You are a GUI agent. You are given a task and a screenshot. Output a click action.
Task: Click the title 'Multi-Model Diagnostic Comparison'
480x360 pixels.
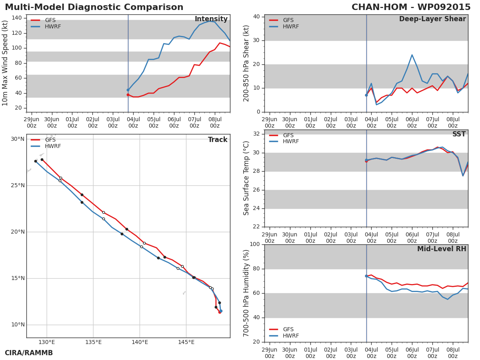pos(94,7)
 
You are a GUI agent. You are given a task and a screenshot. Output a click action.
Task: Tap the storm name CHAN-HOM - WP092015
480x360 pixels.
pos(411,7)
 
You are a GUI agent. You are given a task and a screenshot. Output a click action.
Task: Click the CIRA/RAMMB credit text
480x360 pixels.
pos(29,353)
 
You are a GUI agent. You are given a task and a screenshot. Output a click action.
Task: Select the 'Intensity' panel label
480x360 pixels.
pos(211,19)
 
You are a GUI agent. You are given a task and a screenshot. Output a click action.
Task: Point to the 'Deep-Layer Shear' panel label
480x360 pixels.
pos(432,19)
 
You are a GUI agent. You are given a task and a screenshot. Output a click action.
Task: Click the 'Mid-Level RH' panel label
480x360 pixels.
pos(442,249)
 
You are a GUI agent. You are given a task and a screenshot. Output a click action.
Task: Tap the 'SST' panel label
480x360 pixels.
pos(459,134)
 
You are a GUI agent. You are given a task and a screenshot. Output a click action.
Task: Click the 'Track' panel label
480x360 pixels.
pos(218,140)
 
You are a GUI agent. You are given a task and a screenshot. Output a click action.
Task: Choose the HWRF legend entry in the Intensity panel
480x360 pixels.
pos(46,26)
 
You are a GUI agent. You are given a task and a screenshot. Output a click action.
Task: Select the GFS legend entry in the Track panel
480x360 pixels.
pos(43,140)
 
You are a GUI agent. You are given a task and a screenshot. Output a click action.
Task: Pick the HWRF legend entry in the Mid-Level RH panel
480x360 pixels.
pos(284,336)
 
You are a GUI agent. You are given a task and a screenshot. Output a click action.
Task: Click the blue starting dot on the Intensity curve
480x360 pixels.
pos(128,90)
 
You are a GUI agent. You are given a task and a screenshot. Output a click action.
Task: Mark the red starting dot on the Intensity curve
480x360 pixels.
pos(128,95)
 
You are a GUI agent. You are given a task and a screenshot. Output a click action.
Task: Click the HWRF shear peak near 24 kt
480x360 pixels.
pos(412,55)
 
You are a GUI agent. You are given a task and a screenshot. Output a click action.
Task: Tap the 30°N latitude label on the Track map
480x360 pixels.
pos(18,139)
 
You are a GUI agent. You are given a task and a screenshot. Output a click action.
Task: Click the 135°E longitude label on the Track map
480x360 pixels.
pos(93,342)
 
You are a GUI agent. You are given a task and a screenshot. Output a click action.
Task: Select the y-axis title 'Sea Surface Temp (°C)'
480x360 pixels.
pos(246,178)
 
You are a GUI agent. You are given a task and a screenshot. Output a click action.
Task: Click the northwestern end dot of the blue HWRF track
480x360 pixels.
pos(36,161)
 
